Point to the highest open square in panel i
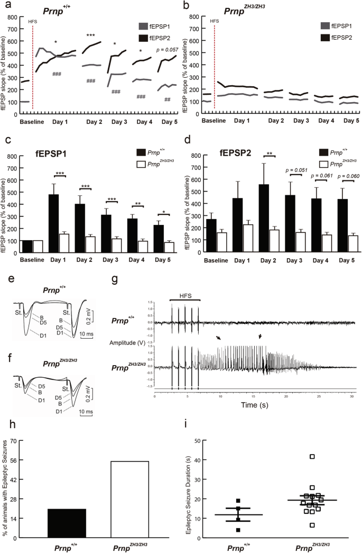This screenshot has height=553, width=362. (x=312, y=456)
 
